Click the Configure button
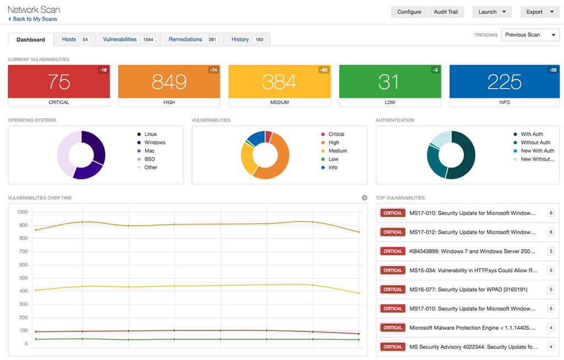[x=409, y=12]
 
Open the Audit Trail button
[x=446, y=12]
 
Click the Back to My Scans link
[x=32, y=19]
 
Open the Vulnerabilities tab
[x=120, y=39]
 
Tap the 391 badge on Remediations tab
[x=212, y=40]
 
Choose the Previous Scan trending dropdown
[x=530, y=35]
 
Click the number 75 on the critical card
[x=58, y=81]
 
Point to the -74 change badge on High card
[x=213, y=70]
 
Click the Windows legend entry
[x=154, y=143]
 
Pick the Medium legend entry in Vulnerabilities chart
[x=337, y=151]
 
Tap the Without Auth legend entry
[x=535, y=143]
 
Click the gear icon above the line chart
[x=364, y=198]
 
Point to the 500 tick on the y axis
[x=22, y=278]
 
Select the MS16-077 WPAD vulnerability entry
[x=468, y=290]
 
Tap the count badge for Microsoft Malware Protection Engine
[x=550, y=328]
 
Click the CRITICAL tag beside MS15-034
[x=393, y=270]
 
